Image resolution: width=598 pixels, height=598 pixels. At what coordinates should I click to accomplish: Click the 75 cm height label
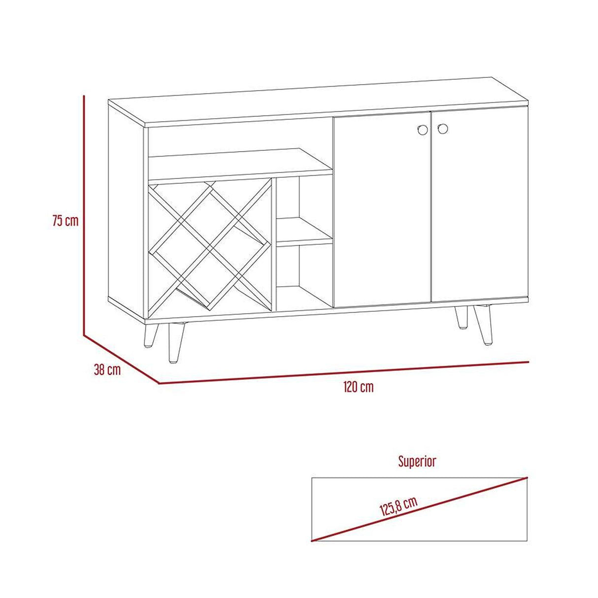pos(66,221)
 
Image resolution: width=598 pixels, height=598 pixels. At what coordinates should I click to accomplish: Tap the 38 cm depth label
pos(107,370)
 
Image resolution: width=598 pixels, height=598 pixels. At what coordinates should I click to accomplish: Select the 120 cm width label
pos(359,387)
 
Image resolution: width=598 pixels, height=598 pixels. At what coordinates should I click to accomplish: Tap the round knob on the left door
pos(422,130)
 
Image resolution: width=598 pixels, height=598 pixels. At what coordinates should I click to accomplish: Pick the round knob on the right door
pos(443,128)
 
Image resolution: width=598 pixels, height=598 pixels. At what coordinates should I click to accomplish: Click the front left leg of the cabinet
pos(176,342)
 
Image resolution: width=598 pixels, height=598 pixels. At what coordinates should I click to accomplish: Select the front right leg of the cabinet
pos(483,325)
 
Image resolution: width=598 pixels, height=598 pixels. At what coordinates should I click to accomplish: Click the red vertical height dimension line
pos(84,215)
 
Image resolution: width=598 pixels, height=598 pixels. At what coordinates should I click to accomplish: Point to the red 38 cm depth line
pos(121,360)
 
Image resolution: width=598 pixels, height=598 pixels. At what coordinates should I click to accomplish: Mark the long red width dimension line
pos(343,372)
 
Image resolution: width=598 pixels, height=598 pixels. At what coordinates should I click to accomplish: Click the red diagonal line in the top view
pos(419,513)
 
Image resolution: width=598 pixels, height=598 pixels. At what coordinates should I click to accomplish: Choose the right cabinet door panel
pos(480,204)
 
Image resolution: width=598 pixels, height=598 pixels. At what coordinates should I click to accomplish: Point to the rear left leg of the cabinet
pos(151,334)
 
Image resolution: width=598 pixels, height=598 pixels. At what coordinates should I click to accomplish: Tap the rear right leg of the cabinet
pos(462,317)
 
